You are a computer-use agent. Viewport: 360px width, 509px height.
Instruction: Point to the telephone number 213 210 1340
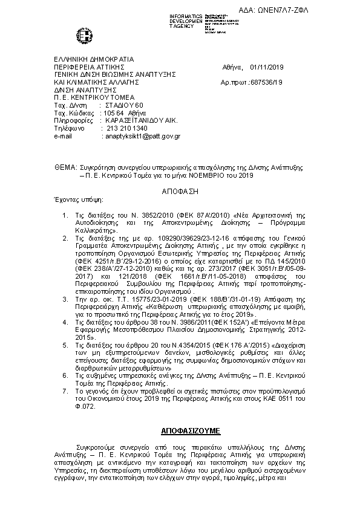coord(126,129)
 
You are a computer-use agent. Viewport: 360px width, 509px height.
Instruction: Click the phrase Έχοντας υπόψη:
coord(70,199)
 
